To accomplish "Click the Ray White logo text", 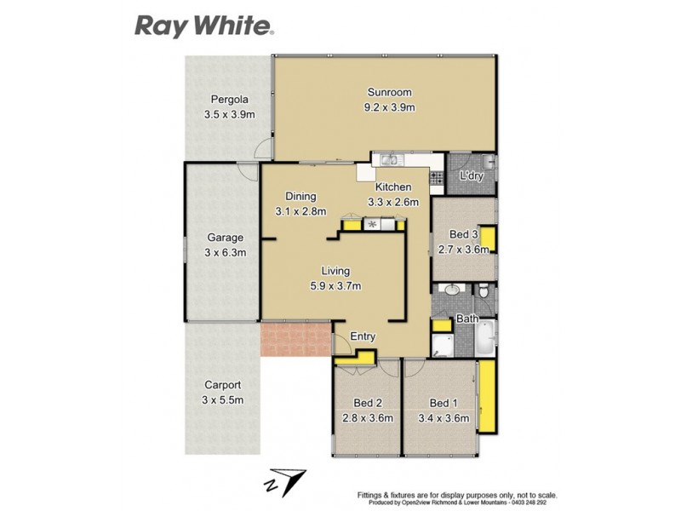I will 203,25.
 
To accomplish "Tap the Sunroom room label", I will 390,92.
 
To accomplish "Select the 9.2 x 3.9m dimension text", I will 390,107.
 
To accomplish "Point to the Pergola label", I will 229,98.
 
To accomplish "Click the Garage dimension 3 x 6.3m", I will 226,253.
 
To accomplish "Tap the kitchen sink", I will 390,159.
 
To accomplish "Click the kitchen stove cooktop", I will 437,178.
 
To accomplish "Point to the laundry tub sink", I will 486,162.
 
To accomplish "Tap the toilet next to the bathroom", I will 484,293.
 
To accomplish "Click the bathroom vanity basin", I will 452,291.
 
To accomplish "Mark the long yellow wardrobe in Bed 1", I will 486,396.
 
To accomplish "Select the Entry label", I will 363,337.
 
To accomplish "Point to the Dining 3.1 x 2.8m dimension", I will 300,211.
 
